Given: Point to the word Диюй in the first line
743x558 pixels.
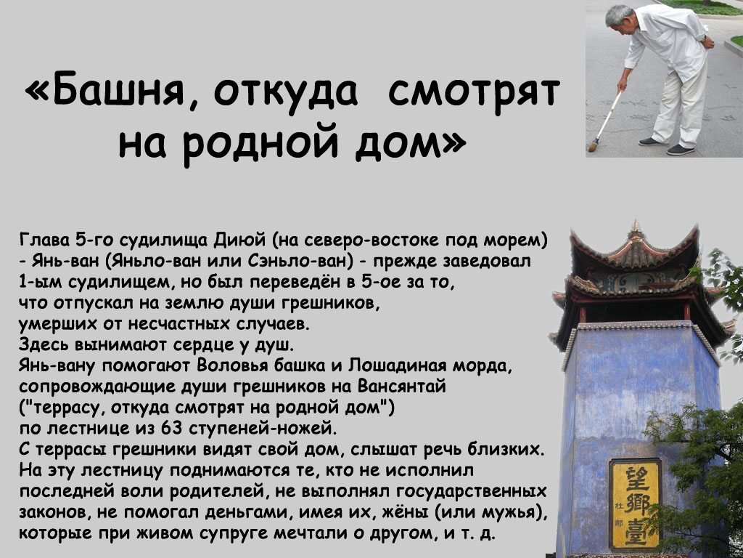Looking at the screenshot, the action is (x=241, y=240).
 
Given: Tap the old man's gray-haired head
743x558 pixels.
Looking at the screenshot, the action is (x=619, y=18).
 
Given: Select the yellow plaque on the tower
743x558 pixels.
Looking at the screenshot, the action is (x=635, y=504).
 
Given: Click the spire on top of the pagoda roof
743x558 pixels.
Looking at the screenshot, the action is (x=636, y=226).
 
